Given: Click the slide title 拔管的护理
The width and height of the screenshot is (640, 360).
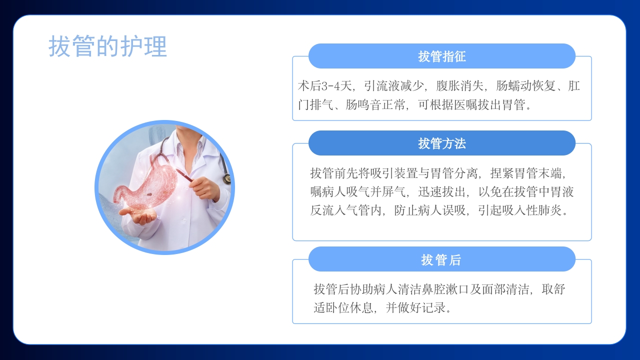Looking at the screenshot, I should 107,46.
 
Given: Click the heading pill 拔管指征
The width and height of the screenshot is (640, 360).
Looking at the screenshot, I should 442,56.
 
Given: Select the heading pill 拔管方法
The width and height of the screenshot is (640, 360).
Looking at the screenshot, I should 442,143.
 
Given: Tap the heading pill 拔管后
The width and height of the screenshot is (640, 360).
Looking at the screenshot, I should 442,259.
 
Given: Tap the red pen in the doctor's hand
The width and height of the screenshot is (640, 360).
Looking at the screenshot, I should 184,175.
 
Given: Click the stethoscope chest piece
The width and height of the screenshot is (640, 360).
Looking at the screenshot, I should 227,178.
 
